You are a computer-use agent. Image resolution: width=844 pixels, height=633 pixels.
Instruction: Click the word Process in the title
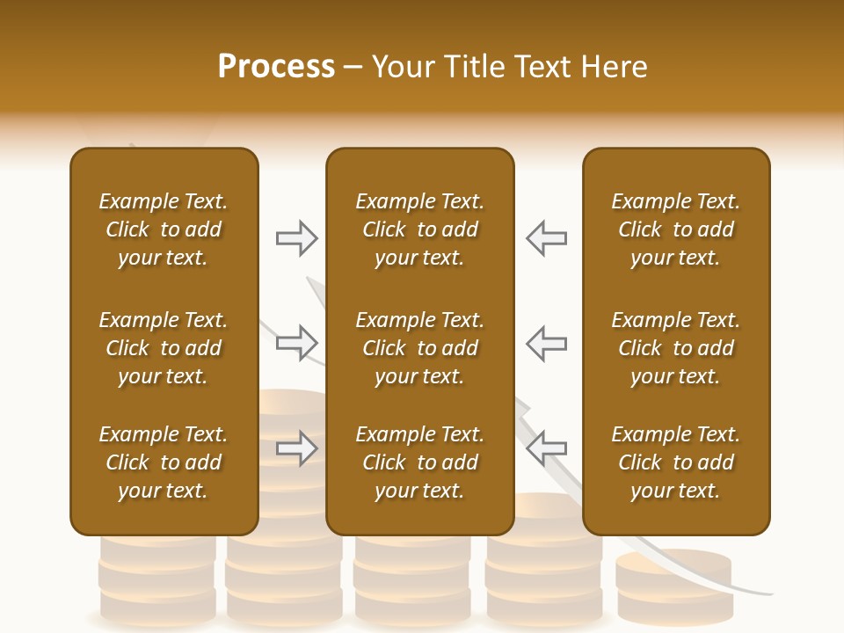(276, 67)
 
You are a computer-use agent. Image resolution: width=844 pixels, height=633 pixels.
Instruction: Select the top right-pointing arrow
(297, 238)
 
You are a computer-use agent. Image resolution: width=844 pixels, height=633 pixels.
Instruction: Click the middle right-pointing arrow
(297, 343)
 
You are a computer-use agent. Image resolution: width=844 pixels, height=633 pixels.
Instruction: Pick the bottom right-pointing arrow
(297, 447)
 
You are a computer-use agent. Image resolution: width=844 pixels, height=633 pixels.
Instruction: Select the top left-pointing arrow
(546, 238)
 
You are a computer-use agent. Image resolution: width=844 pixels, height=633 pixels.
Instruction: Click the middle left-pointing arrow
(546, 343)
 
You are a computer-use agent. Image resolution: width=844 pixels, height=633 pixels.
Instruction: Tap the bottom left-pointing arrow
(546, 447)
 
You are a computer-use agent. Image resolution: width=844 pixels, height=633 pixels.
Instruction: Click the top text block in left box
(164, 229)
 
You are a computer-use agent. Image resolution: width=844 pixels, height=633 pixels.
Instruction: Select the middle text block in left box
(164, 348)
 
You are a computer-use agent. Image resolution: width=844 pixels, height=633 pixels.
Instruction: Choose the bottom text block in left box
(164, 462)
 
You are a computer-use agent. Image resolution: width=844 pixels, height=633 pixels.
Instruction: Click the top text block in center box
(419, 229)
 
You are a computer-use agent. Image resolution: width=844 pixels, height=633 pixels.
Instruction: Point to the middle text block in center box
(419, 348)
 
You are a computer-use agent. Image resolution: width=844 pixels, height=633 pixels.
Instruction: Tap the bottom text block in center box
(419, 462)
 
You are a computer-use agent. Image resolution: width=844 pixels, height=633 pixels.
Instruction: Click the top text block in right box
(675, 229)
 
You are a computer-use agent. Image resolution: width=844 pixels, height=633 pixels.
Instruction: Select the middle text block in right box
(675, 348)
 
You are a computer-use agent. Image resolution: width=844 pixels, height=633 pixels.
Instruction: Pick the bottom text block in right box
(675, 462)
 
